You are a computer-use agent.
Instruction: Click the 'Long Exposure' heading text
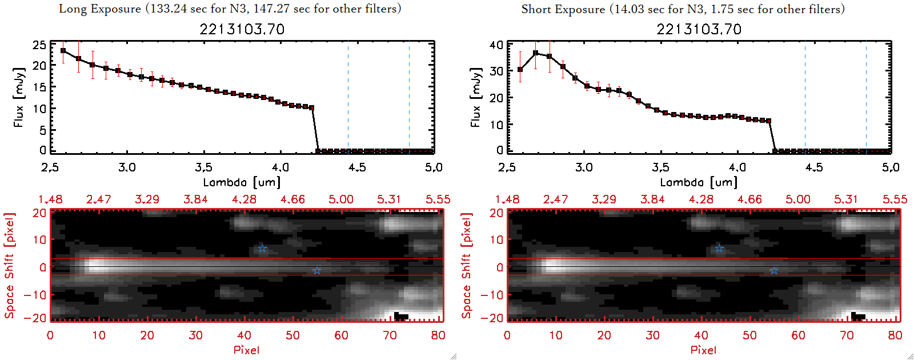(100, 9)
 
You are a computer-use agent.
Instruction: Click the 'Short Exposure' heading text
(563, 9)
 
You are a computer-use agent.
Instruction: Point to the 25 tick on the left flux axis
(39, 45)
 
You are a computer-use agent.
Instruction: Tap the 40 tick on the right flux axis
(496, 45)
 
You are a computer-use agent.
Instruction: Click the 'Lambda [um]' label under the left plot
(242, 182)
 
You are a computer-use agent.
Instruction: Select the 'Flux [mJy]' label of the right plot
(475, 97)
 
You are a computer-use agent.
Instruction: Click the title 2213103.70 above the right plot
(699, 29)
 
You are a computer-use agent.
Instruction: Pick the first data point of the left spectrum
(63, 51)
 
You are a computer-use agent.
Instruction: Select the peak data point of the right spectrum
(535, 53)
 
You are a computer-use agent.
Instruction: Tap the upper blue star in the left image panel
(262, 248)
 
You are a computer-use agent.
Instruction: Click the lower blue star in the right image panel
(773, 270)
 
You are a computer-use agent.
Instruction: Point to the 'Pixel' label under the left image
(246, 350)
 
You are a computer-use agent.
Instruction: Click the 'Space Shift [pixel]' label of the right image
(466, 266)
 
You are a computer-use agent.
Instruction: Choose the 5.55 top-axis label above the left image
(438, 199)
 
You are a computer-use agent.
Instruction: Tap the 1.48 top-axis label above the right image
(507, 199)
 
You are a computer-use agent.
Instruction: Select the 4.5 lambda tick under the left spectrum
(357, 167)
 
